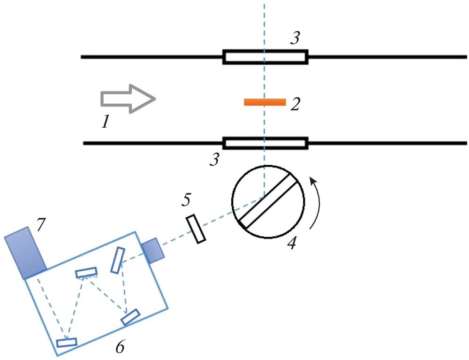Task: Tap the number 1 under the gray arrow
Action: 106,123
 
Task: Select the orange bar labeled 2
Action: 265,102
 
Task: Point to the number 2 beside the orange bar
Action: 295,104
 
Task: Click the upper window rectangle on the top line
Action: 265,57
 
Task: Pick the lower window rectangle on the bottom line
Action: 265,143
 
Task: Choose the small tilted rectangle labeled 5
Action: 196,229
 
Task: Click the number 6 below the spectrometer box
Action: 120,347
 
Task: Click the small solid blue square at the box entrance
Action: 152,250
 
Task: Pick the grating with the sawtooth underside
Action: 86,273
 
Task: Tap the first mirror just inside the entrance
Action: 118,260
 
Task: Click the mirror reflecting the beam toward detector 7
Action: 67,342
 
